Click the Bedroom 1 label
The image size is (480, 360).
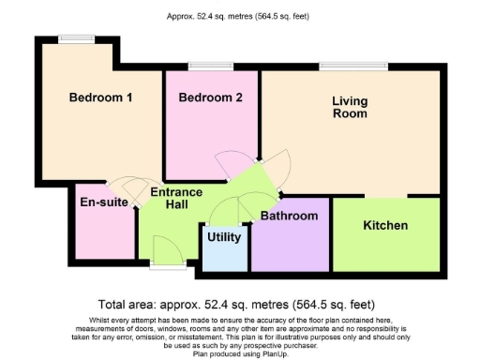pyautogui.click(x=101, y=97)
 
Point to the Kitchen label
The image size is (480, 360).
pyautogui.click(x=385, y=226)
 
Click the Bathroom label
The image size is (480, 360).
pyautogui.click(x=289, y=217)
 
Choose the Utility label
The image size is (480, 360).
pyautogui.click(x=224, y=237)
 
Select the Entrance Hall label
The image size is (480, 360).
pyautogui.click(x=171, y=198)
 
